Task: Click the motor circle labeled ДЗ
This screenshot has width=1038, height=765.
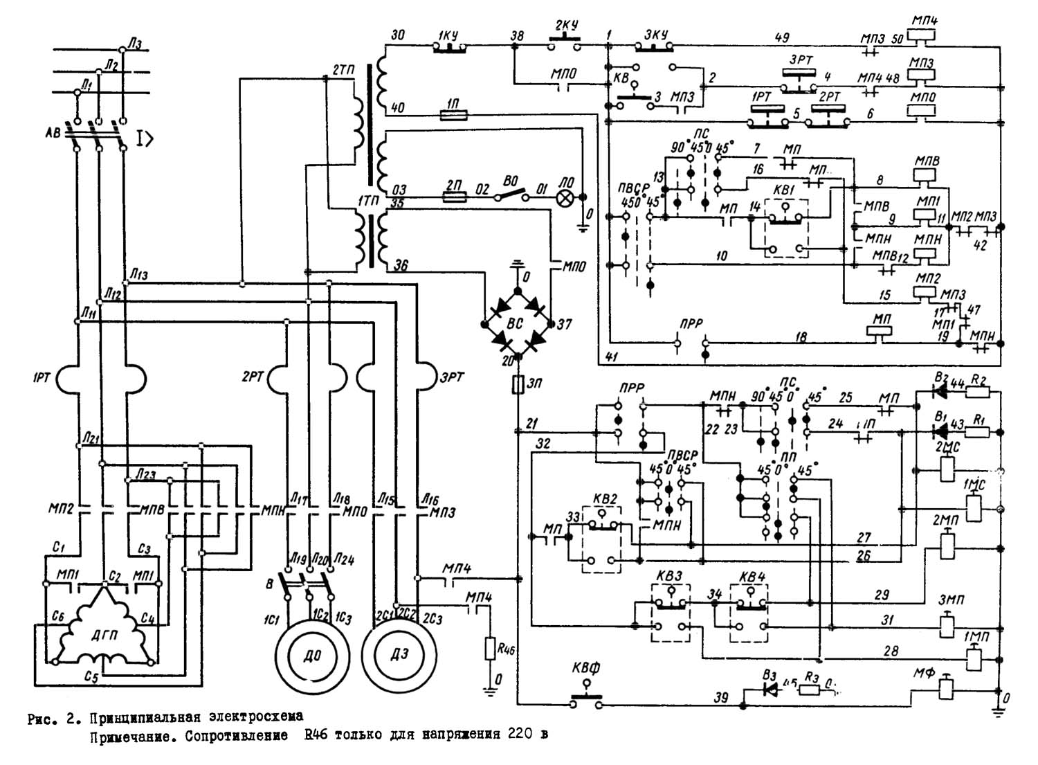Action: click(399, 655)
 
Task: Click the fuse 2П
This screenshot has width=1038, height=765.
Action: click(454, 197)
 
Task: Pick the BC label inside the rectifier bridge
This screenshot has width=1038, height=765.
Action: click(516, 323)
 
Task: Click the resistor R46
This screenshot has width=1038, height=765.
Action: click(491, 649)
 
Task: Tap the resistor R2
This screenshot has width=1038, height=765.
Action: click(978, 393)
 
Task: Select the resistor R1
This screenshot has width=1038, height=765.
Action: click(978, 432)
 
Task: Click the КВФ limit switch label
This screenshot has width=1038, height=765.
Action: click(586, 669)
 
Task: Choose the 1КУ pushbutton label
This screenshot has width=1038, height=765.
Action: click(448, 35)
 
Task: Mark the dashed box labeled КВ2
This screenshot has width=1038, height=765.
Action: click(601, 539)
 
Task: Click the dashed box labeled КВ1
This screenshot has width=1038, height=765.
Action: click(786, 229)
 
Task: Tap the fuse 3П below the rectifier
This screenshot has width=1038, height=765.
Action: click(517, 385)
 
